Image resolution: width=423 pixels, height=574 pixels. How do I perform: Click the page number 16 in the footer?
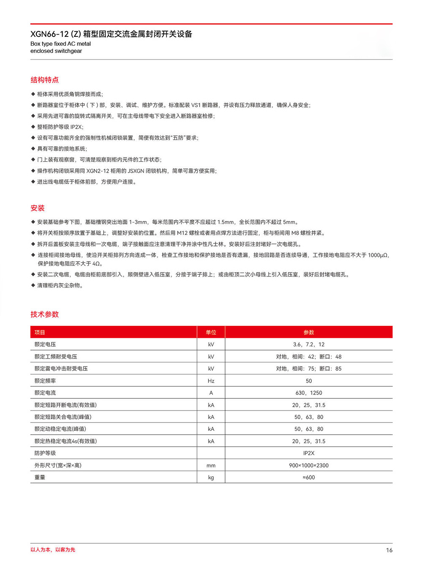tap(389, 550)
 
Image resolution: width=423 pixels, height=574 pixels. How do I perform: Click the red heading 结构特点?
tap(44, 80)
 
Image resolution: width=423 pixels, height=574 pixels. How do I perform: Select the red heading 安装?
tap(37, 208)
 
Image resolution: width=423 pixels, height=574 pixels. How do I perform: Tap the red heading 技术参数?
tap(44, 315)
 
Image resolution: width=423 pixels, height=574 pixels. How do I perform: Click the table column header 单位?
tap(211, 332)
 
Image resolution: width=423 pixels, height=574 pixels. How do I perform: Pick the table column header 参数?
tap(309, 332)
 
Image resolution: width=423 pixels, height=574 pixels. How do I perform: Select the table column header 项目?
tap(40, 332)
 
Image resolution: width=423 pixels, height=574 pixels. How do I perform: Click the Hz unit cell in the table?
tap(211, 381)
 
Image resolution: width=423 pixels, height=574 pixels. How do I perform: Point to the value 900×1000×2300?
tap(309, 465)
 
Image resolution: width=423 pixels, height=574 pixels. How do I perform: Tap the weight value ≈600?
tap(309, 477)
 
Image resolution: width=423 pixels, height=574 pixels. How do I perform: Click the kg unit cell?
tap(211, 477)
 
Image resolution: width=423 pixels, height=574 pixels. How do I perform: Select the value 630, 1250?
tap(309, 393)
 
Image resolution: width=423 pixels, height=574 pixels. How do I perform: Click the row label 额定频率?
tap(45, 381)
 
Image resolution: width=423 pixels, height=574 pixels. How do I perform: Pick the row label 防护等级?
tap(45, 453)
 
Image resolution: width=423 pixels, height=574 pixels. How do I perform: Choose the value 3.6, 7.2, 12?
tap(309, 345)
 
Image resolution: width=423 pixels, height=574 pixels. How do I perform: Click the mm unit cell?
tap(211, 466)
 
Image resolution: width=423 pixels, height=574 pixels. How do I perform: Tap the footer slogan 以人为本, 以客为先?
tap(53, 550)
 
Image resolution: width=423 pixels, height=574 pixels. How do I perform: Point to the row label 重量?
tap(40, 477)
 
